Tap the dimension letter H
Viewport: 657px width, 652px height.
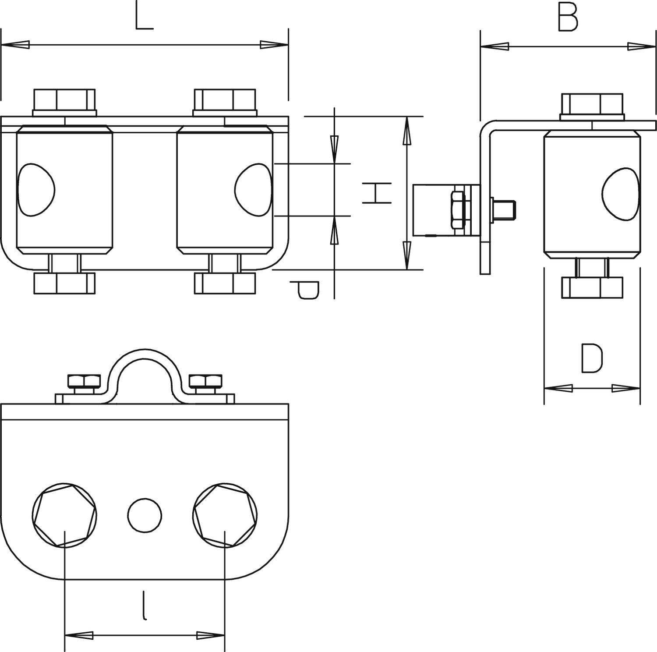tap(376, 193)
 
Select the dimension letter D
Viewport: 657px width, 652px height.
tap(592, 358)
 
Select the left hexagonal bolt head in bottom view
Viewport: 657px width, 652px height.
tap(64, 515)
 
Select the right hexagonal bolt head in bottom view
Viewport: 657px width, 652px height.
tap(225, 515)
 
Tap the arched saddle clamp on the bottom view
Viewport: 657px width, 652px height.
tap(145, 368)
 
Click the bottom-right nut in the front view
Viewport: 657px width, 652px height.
tap(225, 283)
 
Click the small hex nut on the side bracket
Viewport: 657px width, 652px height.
tap(458, 209)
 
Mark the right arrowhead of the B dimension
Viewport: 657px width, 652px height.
tap(642, 46)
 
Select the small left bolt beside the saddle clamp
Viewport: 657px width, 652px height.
tap(84, 382)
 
